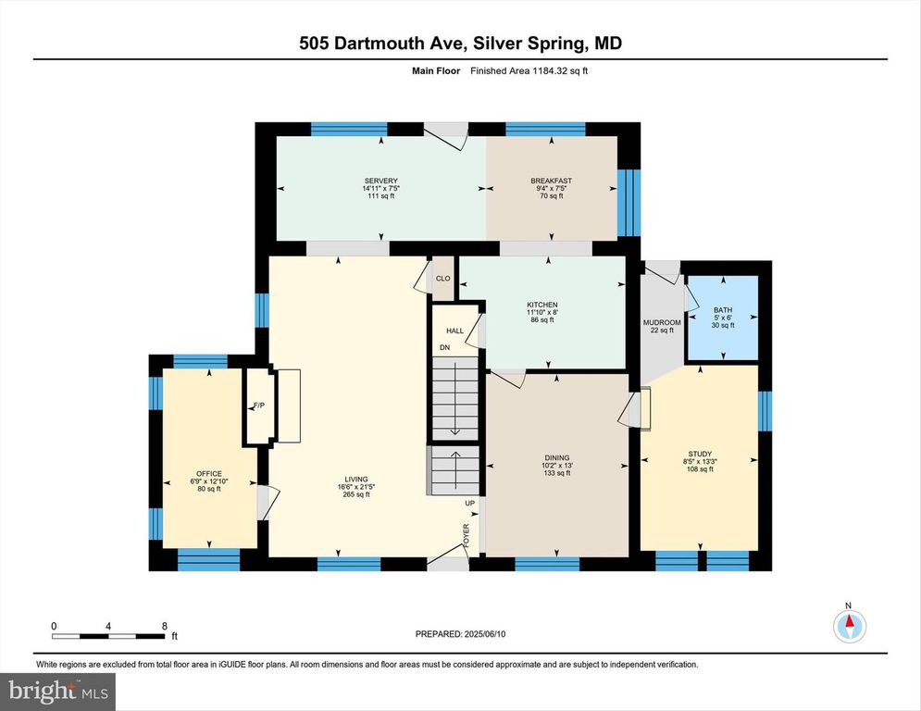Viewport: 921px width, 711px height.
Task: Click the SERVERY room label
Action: pyautogui.click(x=381, y=181)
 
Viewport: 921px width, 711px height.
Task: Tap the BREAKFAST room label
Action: pyautogui.click(x=551, y=181)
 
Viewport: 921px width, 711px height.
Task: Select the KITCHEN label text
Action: pyautogui.click(x=542, y=305)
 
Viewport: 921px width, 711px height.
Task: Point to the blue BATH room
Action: pyautogui.click(x=723, y=318)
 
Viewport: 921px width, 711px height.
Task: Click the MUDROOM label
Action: pyautogui.click(x=662, y=322)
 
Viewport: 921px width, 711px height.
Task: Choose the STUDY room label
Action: pyautogui.click(x=700, y=455)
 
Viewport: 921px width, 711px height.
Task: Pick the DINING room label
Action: pyautogui.click(x=557, y=458)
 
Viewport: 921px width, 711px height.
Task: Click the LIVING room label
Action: pyautogui.click(x=356, y=480)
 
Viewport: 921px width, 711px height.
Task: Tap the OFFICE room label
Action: pyautogui.click(x=209, y=474)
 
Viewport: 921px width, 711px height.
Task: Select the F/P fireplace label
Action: pyautogui.click(x=258, y=405)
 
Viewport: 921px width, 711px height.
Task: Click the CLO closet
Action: pyautogui.click(x=442, y=279)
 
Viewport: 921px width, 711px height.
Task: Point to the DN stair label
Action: pyautogui.click(x=444, y=348)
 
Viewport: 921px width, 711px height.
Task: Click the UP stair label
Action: pyautogui.click(x=470, y=504)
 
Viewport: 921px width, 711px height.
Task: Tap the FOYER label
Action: pyautogui.click(x=467, y=535)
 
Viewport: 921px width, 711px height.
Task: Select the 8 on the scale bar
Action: pyautogui.click(x=165, y=627)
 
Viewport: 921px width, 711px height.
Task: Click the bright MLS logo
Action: pyautogui.click(x=58, y=691)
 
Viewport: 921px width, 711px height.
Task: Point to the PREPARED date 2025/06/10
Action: pyautogui.click(x=485, y=634)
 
